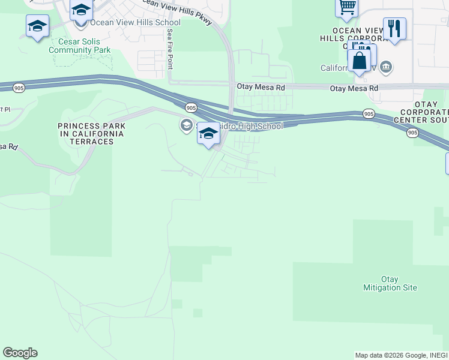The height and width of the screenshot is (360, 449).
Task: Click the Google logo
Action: pos(20,353)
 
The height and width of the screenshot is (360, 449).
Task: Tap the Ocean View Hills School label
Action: pos(135,22)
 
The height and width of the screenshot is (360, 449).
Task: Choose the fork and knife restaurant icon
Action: pos(394,28)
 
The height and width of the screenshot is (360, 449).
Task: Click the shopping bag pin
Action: pos(359,61)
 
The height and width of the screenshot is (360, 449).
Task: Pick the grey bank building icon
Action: pos(387,67)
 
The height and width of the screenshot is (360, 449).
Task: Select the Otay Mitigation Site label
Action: pos(390,283)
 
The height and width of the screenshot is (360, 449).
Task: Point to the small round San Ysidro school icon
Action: pos(186,125)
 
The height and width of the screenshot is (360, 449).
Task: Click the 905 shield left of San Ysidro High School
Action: pos(191,107)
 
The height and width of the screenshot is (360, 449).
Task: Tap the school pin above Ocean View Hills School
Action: pos(81,10)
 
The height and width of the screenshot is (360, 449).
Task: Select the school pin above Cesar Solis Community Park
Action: pos(37,26)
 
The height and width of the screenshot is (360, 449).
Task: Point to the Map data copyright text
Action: pos(390,355)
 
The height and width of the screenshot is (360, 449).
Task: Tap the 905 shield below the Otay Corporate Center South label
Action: pos(412,133)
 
